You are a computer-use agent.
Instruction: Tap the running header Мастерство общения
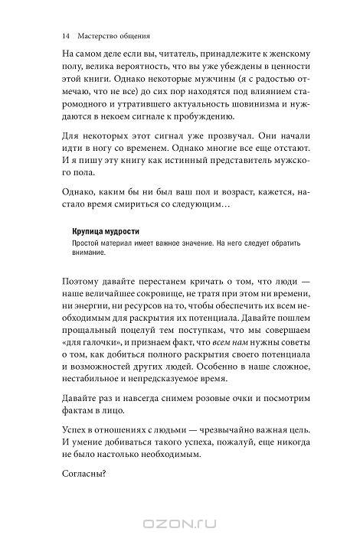(x=113, y=35)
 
